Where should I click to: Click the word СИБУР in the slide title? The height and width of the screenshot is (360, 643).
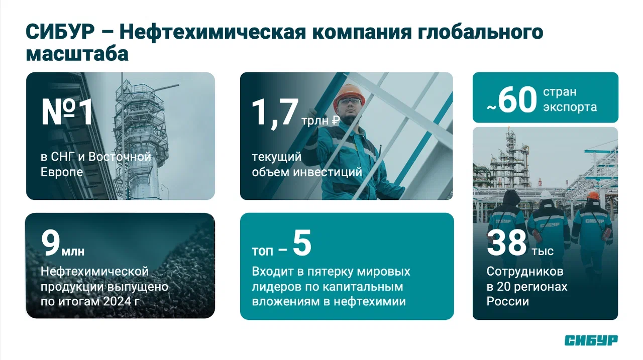[x=60, y=32]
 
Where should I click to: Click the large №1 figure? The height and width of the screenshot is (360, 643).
[x=67, y=111]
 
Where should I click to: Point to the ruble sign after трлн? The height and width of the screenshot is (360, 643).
[x=336, y=121]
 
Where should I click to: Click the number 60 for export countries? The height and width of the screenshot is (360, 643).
[x=517, y=99]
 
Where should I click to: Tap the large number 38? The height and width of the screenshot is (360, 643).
[x=507, y=243]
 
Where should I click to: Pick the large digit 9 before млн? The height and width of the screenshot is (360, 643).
[x=51, y=243]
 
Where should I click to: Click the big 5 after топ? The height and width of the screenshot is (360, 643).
[x=302, y=243]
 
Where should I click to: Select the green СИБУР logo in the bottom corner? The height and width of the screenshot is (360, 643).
[x=591, y=340]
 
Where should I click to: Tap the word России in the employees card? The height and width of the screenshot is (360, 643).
[x=507, y=301]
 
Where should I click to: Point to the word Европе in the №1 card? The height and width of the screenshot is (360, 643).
[x=62, y=172]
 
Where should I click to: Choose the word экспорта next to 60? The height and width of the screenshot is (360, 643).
[x=570, y=107]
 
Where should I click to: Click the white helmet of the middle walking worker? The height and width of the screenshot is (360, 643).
[x=546, y=195]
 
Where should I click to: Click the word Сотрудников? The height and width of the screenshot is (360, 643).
[x=525, y=271]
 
